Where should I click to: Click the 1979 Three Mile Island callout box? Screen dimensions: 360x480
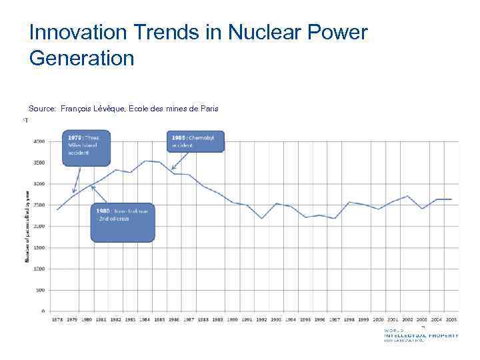(x=86, y=147)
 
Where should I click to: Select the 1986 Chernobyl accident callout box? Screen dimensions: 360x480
(x=197, y=141)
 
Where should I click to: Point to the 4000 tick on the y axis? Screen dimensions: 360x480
(x=40, y=141)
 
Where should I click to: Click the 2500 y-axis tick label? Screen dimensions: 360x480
(x=40, y=205)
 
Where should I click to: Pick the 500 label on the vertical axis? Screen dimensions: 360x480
(x=41, y=290)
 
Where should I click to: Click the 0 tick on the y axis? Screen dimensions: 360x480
(x=44, y=311)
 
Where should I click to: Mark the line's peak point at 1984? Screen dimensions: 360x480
(x=145, y=161)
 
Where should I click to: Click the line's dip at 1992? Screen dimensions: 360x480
(x=262, y=219)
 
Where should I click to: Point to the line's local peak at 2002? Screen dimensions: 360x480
(x=408, y=196)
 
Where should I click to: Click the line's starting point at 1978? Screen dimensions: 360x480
(x=58, y=209)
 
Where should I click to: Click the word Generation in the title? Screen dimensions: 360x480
(x=81, y=57)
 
